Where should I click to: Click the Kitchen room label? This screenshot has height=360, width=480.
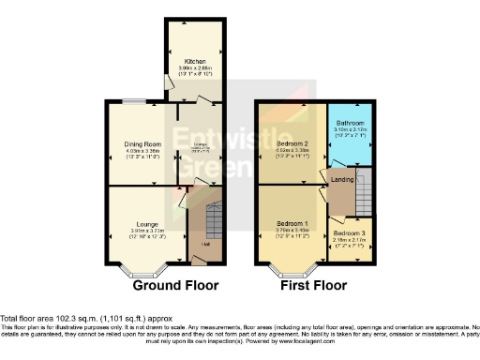(194, 62)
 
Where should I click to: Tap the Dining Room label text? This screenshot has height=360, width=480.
(140, 144)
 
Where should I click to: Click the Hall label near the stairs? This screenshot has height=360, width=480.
(203, 246)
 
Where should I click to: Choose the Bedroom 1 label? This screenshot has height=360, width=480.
(291, 223)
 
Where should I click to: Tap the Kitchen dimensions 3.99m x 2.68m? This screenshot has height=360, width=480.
(194, 69)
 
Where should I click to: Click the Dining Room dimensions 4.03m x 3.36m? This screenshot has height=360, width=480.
(140, 151)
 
